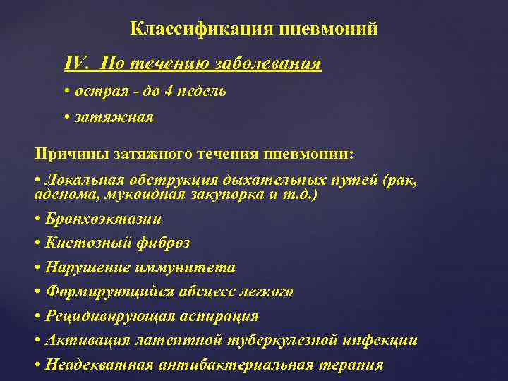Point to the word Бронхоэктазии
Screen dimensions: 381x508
(103, 219)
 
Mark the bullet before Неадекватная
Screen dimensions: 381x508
(37, 365)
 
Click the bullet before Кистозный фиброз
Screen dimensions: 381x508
(37, 243)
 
